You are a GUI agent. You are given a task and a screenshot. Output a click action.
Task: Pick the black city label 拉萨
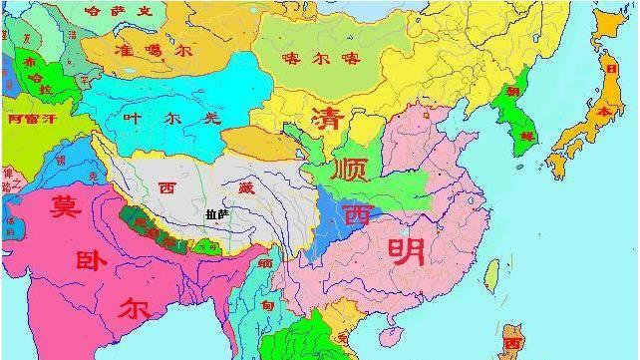click(216, 213)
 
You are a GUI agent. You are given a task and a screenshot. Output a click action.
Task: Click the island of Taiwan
click(491, 271)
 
